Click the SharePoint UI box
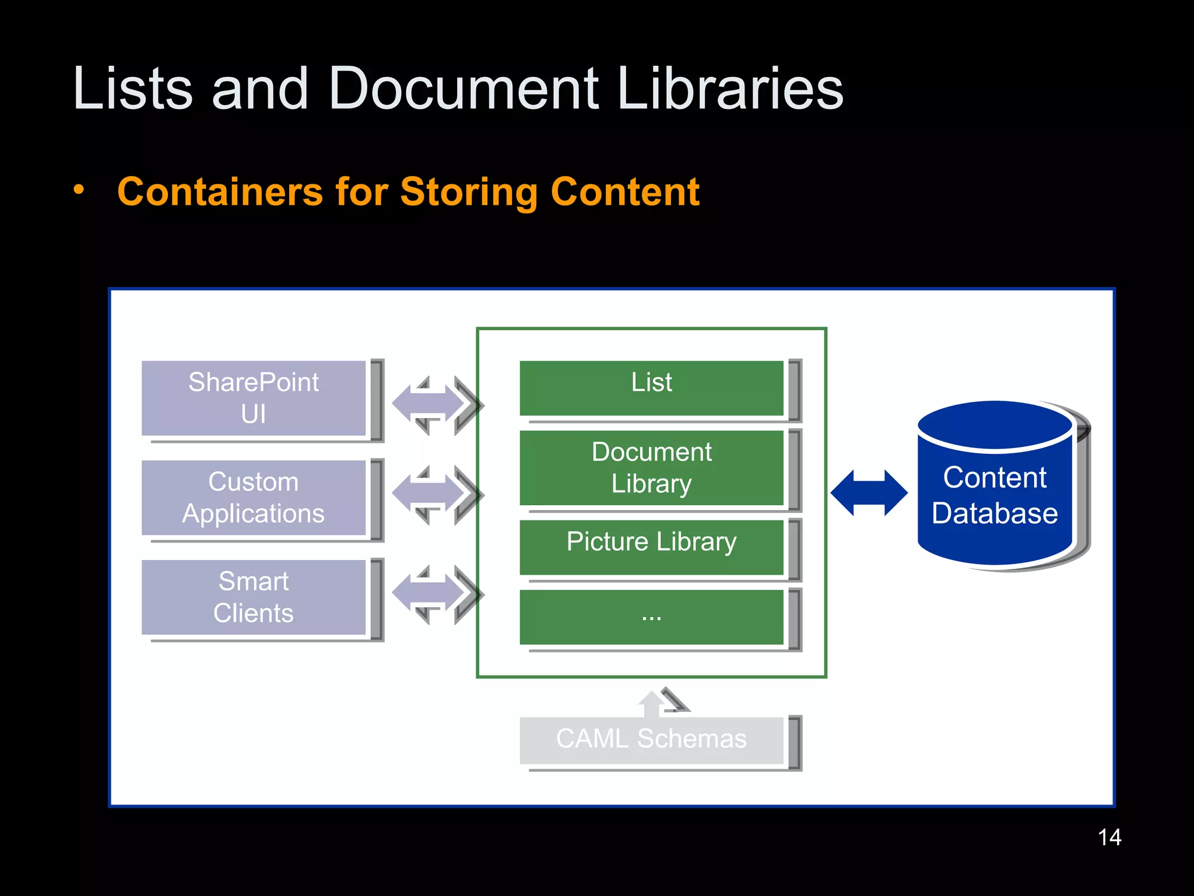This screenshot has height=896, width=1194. click(x=254, y=398)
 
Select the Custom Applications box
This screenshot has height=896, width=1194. click(x=254, y=498)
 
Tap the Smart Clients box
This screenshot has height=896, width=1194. click(x=254, y=597)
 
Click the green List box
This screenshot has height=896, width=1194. click(x=651, y=388)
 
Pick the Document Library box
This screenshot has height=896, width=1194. click(x=651, y=468)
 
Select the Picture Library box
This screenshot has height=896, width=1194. click(x=651, y=547)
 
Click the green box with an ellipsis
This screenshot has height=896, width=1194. click(x=651, y=617)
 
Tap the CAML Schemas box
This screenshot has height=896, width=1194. click(x=651, y=740)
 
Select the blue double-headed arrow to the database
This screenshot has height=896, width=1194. click(x=869, y=493)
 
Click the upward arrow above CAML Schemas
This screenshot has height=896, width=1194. click(x=653, y=703)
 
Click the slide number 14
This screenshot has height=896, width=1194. click(x=1109, y=838)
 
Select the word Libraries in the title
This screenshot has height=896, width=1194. click(x=730, y=89)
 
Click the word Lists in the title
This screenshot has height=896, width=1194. click(x=132, y=89)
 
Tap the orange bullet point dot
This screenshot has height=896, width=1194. click(x=79, y=190)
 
